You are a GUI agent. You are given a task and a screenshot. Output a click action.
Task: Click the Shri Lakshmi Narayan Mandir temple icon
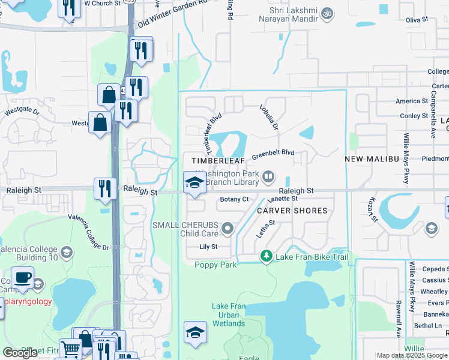coord(327,13)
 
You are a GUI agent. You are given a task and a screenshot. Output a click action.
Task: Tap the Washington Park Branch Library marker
coord(268,176)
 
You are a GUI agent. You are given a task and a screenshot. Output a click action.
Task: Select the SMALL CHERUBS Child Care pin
coord(228,227)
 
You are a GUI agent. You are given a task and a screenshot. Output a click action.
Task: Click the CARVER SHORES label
coord(292,211)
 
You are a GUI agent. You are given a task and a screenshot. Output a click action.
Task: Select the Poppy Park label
coord(215,265)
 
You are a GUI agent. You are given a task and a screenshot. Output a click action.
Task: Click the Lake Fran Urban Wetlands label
coord(229,315)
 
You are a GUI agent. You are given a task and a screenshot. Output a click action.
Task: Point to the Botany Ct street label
coord(234,199)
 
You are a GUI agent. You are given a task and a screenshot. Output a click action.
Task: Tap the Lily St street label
coord(208,247)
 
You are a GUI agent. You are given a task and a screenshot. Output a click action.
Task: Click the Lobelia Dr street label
coord(270,118)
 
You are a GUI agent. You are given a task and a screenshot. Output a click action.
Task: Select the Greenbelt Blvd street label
coord(273,154)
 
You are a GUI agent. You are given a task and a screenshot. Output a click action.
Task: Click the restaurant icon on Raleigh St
coord(105,188)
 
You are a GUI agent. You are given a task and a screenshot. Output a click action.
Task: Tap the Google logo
coord(20,353)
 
